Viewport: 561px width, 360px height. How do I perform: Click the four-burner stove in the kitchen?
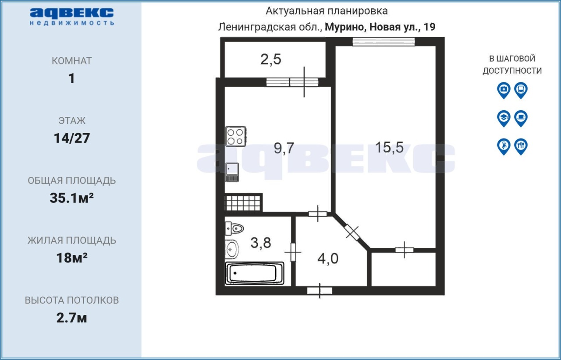(x=235, y=137)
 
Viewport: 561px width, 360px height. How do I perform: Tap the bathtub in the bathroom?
(x=255, y=273)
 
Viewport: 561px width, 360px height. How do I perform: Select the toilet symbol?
(x=234, y=228)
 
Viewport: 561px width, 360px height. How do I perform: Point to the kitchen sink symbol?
(x=232, y=172)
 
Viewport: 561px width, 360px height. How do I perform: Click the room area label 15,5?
(x=390, y=147)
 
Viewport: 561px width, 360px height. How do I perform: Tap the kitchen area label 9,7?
(x=284, y=148)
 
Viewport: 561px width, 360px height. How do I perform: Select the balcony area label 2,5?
(x=271, y=60)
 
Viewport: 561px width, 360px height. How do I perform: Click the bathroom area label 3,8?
(x=261, y=243)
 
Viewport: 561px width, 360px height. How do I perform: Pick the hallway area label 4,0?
(x=328, y=258)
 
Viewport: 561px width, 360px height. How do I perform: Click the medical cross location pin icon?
(x=504, y=90)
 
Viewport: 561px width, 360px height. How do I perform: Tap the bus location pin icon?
(x=521, y=90)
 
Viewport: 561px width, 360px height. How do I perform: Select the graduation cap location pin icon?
(x=504, y=118)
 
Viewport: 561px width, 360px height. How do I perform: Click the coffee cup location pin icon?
(x=521, y=118)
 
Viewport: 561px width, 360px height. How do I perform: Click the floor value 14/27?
(x=72, y=138)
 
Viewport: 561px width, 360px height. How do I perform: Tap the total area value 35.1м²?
(x=71, y=198)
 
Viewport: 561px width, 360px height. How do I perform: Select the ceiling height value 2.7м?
(x=71, y=318)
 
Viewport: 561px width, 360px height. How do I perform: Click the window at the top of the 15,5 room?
(x=383, y=42)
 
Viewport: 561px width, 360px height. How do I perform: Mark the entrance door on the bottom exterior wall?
(x=320, y=291)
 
